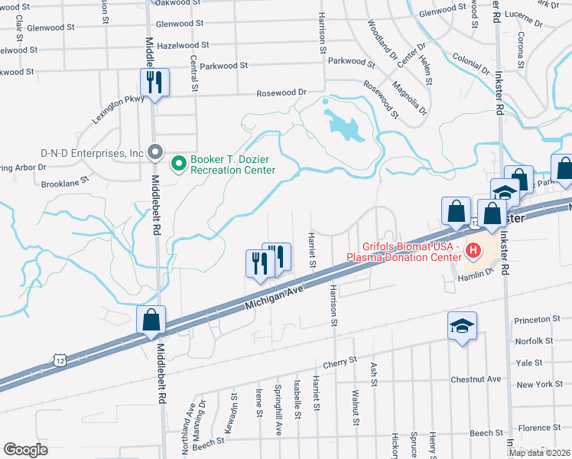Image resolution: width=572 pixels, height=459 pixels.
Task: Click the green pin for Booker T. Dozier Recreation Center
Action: pos(180,163)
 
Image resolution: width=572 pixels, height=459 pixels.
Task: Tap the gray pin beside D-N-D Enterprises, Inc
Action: pos(155,152)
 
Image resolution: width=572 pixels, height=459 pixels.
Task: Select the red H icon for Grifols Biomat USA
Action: pos(473,249)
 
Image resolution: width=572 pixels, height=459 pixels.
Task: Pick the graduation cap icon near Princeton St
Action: pos(462,326)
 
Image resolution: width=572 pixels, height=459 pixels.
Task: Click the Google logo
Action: pos(26,449)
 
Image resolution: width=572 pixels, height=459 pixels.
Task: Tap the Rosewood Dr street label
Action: pos(281,93)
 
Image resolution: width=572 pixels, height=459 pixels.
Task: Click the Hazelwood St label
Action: pos(177,45)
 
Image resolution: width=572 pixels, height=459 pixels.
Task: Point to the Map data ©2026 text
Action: pos(538,453)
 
